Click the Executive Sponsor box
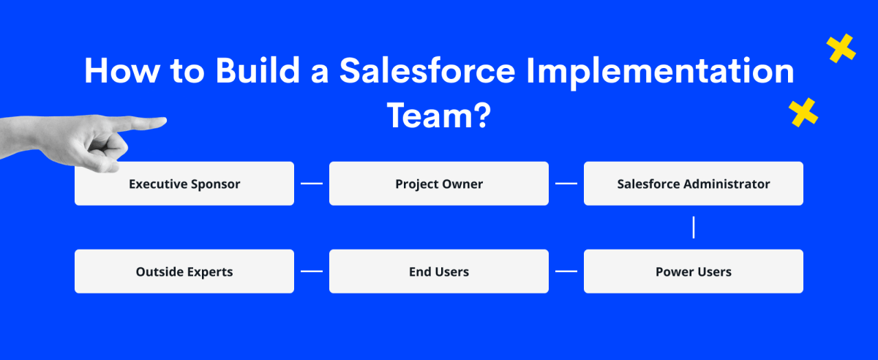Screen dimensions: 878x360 pyautogui.click(x=184, y=184)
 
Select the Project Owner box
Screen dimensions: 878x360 pyautogui.click(x=439, y=184)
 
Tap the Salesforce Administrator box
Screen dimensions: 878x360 pyautogui.click(x=694, y=184)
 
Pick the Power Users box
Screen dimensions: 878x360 pyautogui.click(x=694, y=271)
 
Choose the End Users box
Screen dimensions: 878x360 pyautogui.click(x=439, y=271)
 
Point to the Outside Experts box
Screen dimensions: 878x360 pyautogui.click(x=184, y=271)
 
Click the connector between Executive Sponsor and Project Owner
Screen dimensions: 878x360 pyautogui.click(x=312, y=184)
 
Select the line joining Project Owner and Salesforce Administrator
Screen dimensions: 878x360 pyautogui.click(x=566, y=184)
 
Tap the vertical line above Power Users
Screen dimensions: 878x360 pyautogui.click(x=694, y=228)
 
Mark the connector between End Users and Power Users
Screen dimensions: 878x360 pyautogui.click(x=566, y=271)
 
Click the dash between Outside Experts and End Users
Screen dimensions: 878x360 pyautogui.click(x=312, y=271)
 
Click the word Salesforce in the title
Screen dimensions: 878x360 pyautogui.click(x=427, y=70)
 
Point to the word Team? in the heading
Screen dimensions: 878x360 pyautogui.click(x=439, y=116)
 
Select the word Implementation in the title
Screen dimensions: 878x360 pyautogui.click(x=661, y=72)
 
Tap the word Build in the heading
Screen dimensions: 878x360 pyautogui.click(x=258, y=70)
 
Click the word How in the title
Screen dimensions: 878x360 pyautogui.click(x=122, y=71)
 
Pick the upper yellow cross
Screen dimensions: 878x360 pyautogui.click(x=841, y=48)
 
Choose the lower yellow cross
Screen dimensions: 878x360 pyautogui.click(x=803, y=113)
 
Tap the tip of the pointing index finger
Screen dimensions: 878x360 pyautogui.click(x=166, y=121)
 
